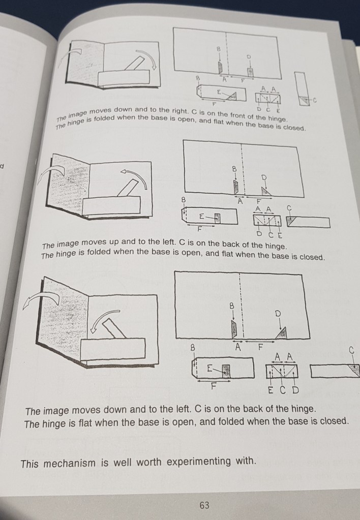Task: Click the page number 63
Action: [204, 505]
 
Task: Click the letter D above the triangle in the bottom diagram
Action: [278, 314]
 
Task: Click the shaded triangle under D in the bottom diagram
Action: [282, 333]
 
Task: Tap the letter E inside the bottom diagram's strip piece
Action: [209, 369]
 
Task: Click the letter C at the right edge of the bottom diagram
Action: [352, 350]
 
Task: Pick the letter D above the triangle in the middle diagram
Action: [264, 177]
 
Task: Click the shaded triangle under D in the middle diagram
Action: [266, 191]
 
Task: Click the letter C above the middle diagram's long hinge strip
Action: [289, 208]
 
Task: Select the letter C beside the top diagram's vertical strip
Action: [315, 100]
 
